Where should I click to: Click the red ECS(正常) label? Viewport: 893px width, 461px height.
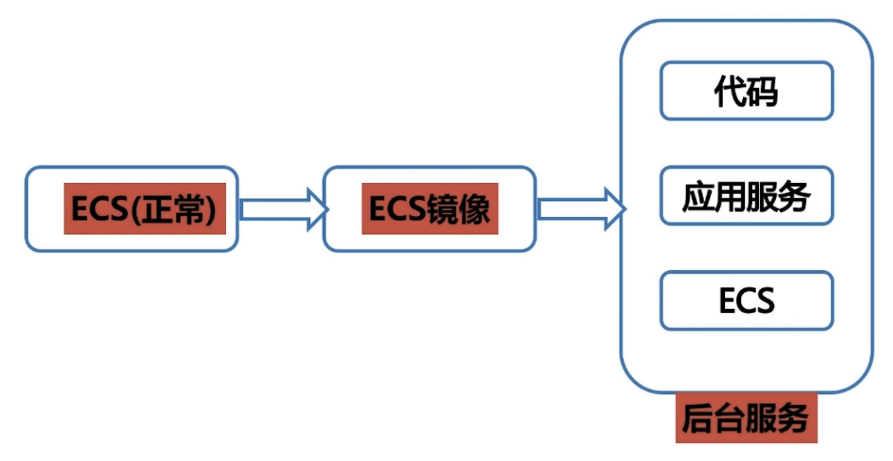(145, 209)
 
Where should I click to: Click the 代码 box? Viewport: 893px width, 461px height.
(746, 91)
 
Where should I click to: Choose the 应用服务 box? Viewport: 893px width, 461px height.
(746, 196)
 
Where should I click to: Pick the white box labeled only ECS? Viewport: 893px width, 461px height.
(746, 301)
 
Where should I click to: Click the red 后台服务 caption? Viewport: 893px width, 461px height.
(746, 417)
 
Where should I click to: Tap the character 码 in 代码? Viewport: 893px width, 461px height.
(762, 91)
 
